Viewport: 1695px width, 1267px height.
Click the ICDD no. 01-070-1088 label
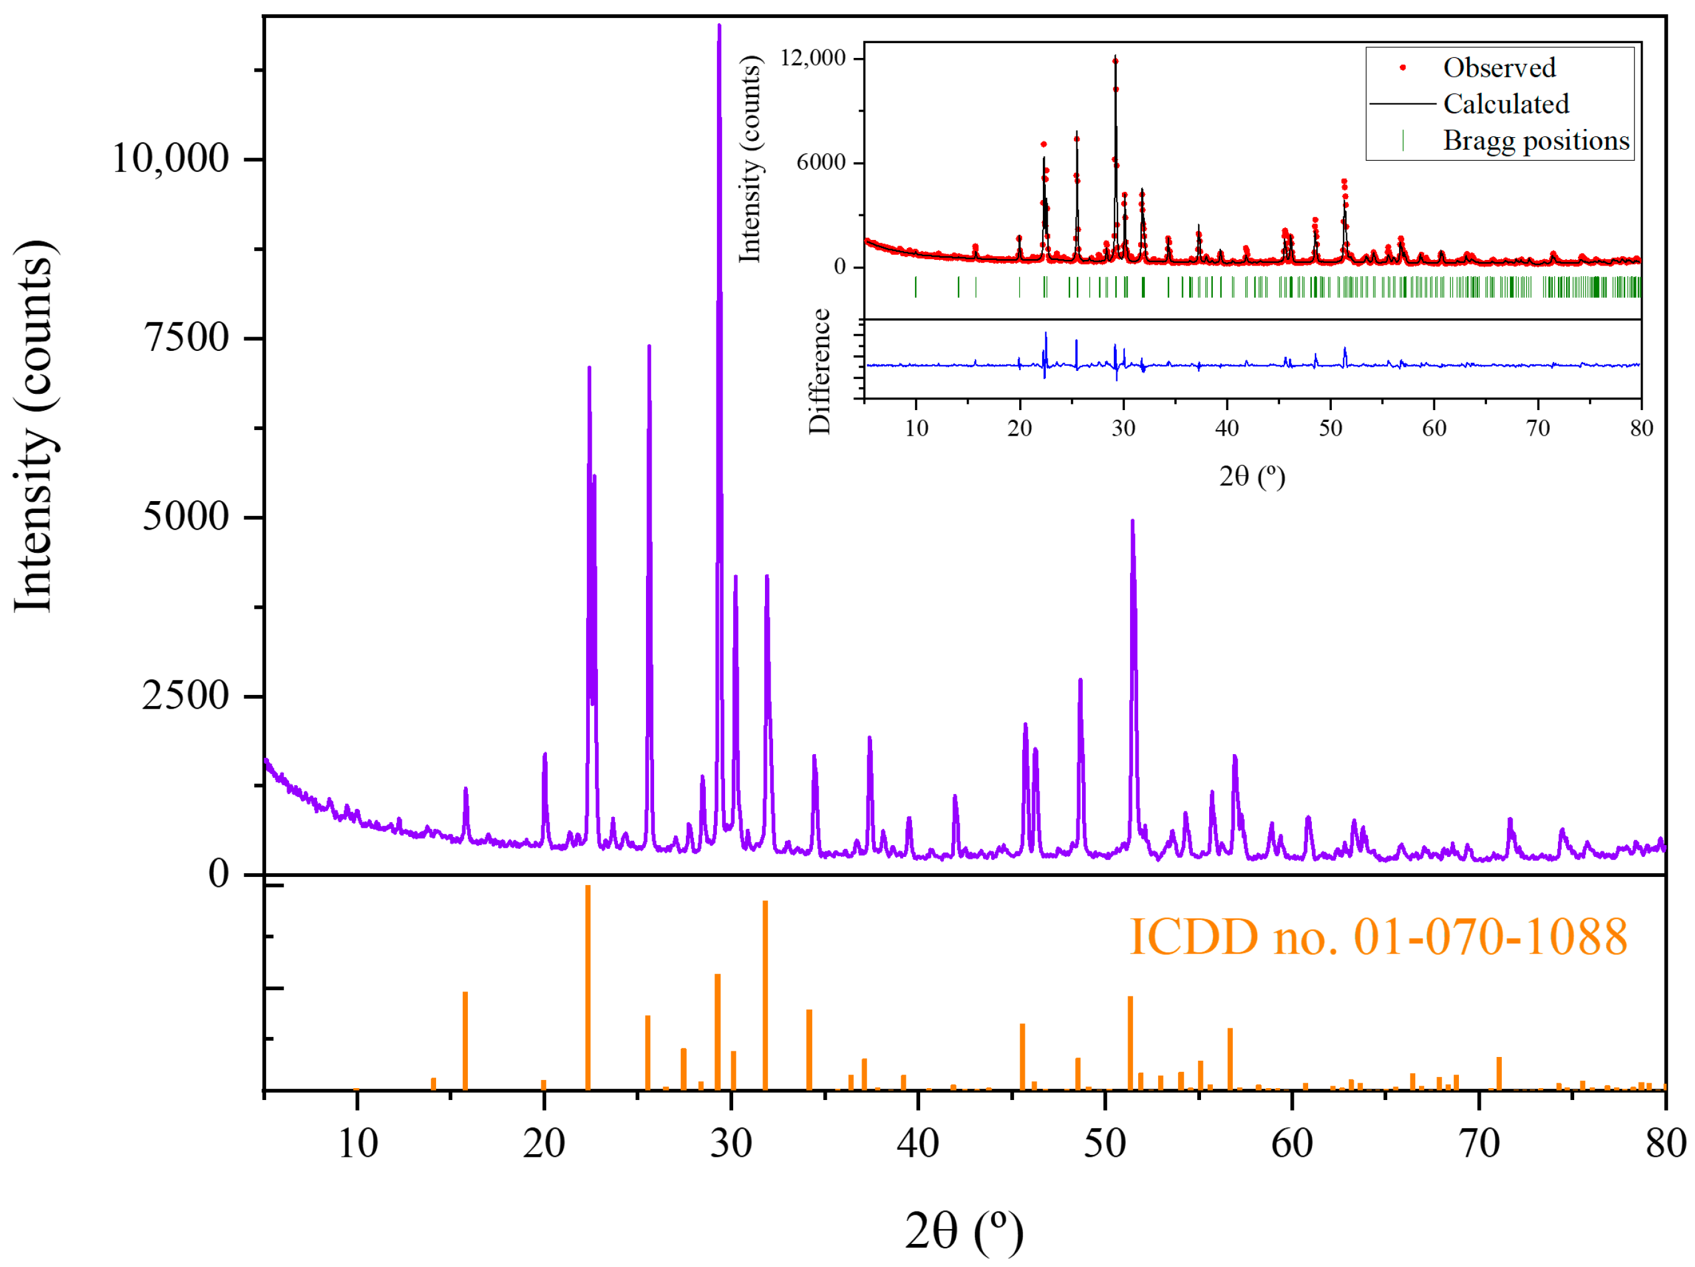[1378, 937]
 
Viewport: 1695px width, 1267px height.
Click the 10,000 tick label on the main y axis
[170, 159]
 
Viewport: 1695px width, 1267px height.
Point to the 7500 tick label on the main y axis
[187, 337]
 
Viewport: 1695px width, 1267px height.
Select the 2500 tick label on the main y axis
[186, 696]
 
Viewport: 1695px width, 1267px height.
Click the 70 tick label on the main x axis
[1478, 1143]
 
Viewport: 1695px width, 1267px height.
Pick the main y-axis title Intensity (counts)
[34, 426]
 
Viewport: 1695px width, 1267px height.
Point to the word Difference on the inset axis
[819, 371]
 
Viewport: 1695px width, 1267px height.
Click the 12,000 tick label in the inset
[812, 57]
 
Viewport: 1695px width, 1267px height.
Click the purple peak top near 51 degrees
[1132, 523]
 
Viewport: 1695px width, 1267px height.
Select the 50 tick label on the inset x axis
[1330, 428]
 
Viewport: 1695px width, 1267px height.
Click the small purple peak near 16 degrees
[465, 790]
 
